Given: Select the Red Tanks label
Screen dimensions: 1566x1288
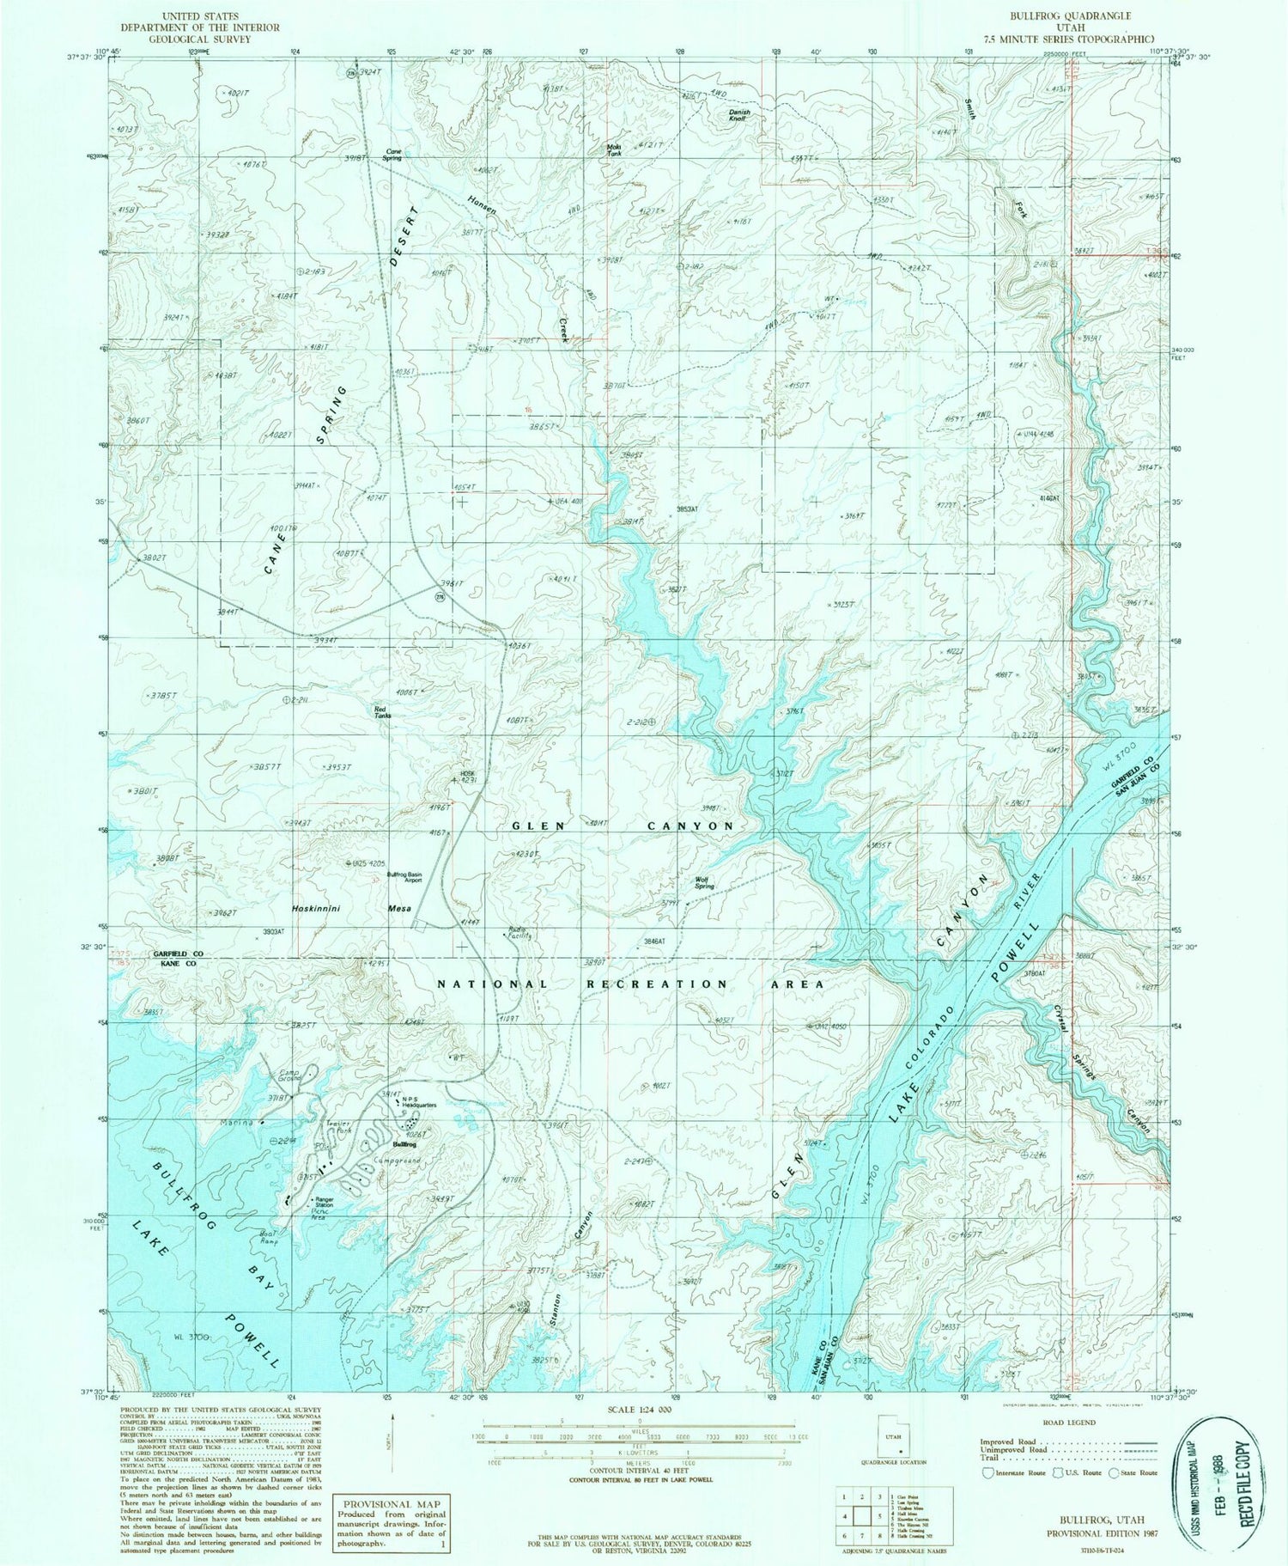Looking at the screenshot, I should coord(384,711).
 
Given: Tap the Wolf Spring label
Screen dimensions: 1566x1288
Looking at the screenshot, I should coord(706,882).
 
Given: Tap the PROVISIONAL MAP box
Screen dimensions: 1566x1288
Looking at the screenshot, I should coord(392,1522).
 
